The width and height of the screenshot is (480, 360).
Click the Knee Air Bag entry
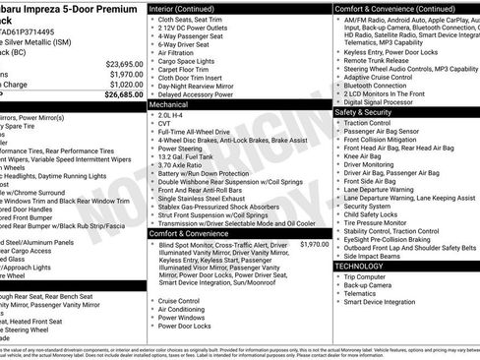tap(363, 155)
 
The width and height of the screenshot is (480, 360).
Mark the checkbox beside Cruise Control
tap(152, 301)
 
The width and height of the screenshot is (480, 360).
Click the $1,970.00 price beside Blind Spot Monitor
tap(315, 244)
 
